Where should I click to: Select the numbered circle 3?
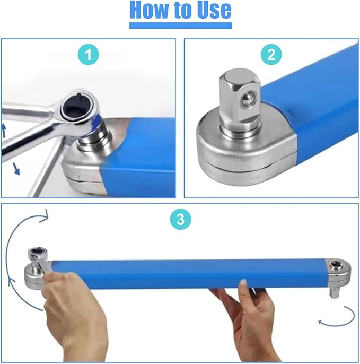(180, 220)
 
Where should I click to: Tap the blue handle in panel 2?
(318, 106)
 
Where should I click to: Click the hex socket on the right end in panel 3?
(336, 265)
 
